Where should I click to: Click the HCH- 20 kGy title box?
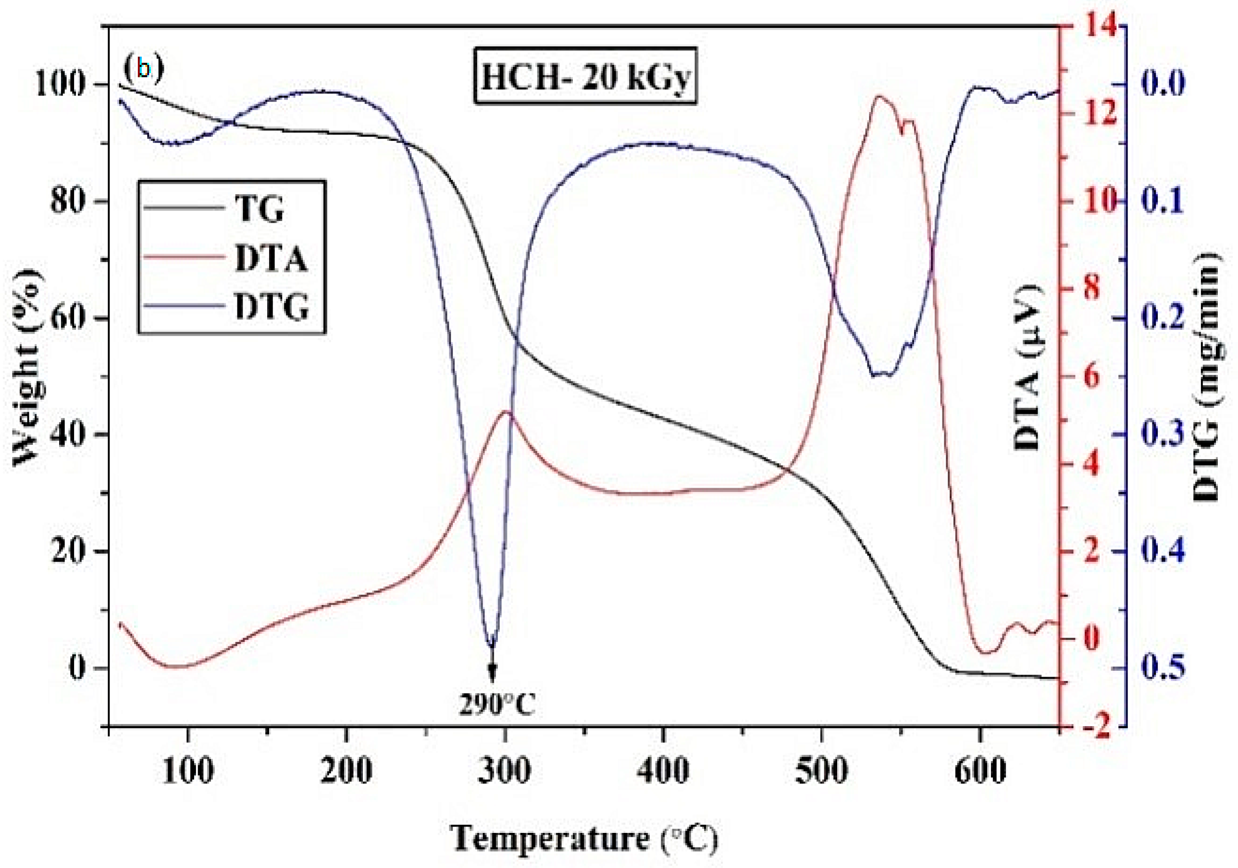(584, 75)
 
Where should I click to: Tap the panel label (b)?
(143, 68)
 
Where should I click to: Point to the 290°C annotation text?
(497, 704)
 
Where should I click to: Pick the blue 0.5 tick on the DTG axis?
(1162, 668)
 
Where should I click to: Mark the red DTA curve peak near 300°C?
(506, 412)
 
